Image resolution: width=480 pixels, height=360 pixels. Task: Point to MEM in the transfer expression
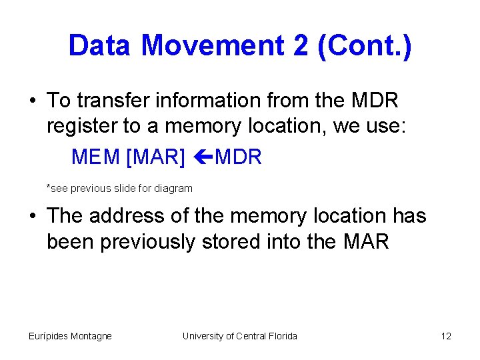point(95,158)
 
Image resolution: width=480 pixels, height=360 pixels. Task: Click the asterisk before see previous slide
point(49,187)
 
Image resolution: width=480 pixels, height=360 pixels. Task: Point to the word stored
point(262,241)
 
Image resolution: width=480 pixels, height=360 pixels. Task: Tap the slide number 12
point(446,336)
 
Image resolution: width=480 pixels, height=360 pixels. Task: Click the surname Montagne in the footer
point(89,336)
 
